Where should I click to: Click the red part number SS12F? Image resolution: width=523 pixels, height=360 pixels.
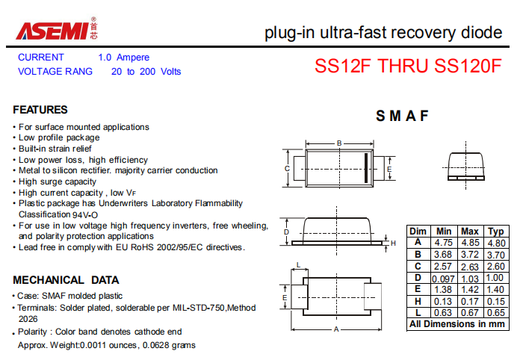click(x=342, y=66)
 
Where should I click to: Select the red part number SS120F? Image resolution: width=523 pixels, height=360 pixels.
click(x=468, y=66)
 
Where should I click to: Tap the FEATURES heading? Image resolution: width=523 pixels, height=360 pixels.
click(x=40, y=110)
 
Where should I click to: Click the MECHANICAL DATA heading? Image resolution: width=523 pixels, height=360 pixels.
click(x=66, y=280)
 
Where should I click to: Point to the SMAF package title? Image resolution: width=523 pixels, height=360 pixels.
click(x=402, y=116)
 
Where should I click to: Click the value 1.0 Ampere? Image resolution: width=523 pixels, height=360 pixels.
click(x=124, y=58)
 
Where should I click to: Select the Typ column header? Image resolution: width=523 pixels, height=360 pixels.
click(x=496, y=232)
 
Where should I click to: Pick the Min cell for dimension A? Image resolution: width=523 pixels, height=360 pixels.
click(x=443, y=243)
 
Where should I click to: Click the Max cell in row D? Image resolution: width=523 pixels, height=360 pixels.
click(x=470, y=279)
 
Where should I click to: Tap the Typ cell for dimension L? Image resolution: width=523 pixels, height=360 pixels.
click(x=496, y=313)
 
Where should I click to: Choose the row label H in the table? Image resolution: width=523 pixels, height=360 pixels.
click(x=418, y=301)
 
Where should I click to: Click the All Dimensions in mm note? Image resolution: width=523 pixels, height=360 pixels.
click(x=457, y=324)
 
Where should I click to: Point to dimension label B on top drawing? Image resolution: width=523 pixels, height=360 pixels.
click(x=339, y=143)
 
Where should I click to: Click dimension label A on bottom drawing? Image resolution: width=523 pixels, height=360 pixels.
click(x=336, y=329)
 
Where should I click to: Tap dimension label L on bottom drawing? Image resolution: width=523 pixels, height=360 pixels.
click(x=299, y=265)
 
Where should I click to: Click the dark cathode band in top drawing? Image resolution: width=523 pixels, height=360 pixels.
click(x=366, y=168)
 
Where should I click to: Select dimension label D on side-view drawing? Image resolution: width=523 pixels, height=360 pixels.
click(x=286, y=232)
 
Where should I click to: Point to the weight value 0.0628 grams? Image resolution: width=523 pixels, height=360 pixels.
click(x=169, y=345)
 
